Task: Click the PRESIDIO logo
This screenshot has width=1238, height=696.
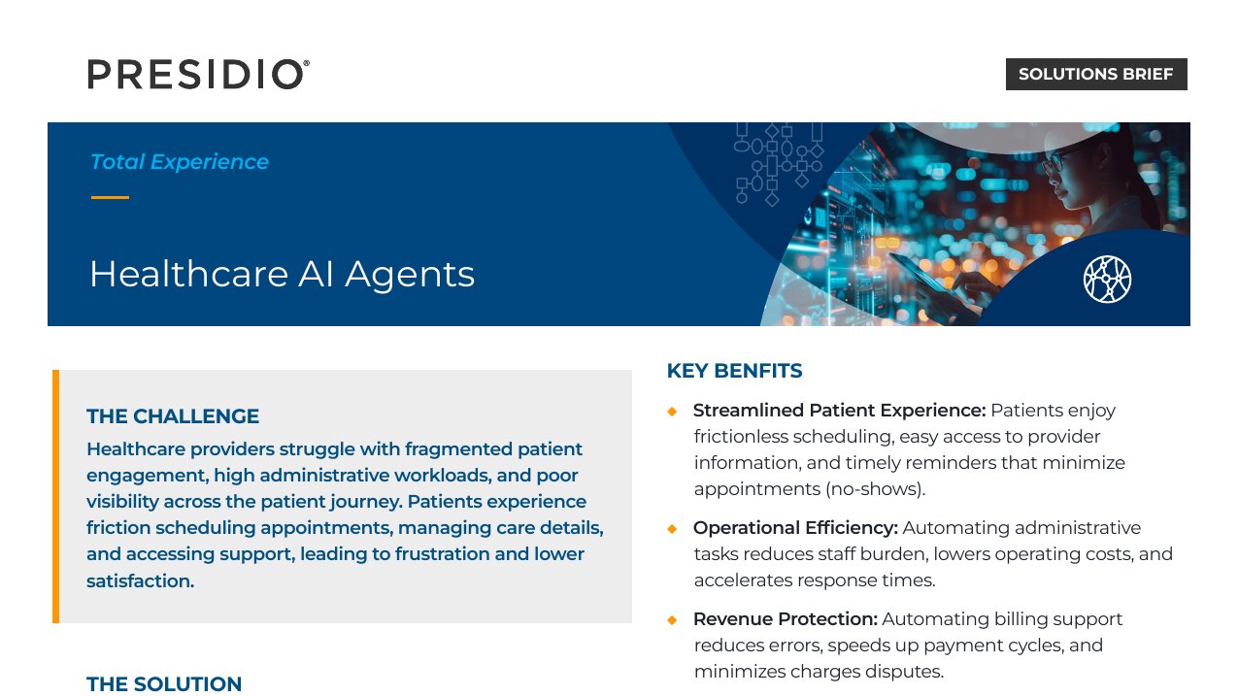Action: tap(198, 74)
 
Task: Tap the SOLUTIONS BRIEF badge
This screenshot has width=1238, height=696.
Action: tap(1096, 74)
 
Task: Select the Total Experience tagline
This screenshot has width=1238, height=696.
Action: tap(179, 162)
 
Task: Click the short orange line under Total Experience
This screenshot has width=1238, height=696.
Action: tap(110, 197)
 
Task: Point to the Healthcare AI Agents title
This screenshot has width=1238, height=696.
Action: tap(282, 274)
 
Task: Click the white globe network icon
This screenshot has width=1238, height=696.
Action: tap(1107, 279)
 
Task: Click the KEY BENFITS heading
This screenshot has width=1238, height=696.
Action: tap(734, 371)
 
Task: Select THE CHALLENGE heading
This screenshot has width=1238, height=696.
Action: tap(173, 415)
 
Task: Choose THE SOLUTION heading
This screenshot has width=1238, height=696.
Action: tap(164, 683)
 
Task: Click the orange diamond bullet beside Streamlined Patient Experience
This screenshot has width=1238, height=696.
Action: tap(672, 411)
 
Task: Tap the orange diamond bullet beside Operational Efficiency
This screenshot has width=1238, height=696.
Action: tap(672, 529)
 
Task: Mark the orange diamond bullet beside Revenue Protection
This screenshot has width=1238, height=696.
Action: tap(672, 619)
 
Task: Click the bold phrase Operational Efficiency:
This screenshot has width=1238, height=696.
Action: tap(795, 528)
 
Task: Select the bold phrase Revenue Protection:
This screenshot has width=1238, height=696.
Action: tap(786, 619)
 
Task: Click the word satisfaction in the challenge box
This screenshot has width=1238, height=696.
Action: tap(141, 580)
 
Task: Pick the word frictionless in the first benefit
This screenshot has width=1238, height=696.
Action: tap(741, 437)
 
